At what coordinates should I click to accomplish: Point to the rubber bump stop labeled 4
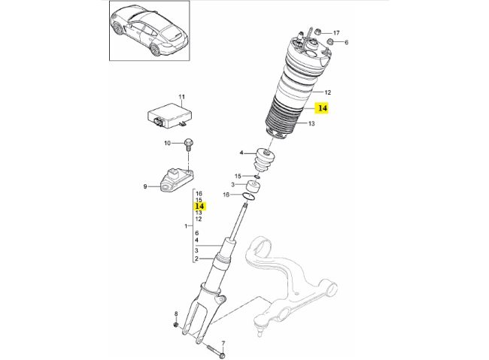coord(265,160)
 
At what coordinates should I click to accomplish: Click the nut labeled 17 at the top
coord(317,32)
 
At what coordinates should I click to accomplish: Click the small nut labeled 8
coord(176,325)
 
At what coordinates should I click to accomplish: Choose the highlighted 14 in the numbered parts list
coord(199,205)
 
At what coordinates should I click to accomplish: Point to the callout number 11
coord(181,98)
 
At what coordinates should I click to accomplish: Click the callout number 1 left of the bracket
coord(186,226)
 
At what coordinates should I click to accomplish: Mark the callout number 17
coord(336,32)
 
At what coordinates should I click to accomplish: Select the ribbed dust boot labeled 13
coord(285,123)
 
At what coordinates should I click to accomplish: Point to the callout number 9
coord(145,188)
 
